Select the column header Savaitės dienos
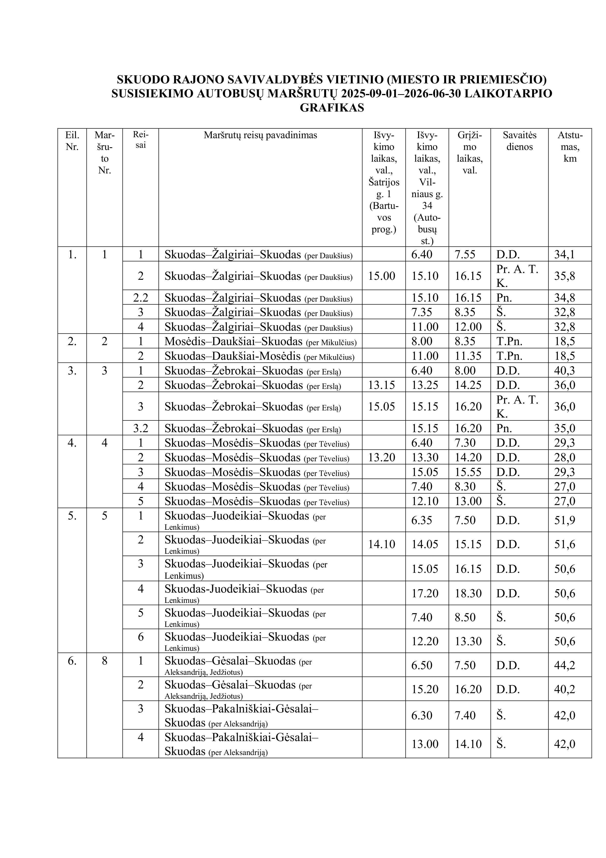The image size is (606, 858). [x=519, y=141]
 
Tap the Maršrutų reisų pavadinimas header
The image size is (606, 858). [x=260, y=135]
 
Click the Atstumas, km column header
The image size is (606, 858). [x=570, y=147]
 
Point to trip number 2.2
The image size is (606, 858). [x=141, y=298]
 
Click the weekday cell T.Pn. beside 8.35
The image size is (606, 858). [x=509, y=341]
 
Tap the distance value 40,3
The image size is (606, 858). [x=564, y=371]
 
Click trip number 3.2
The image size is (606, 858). [x=141, y=428]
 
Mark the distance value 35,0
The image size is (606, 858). [x=564, y=428]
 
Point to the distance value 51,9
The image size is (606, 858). [x=564, y=520]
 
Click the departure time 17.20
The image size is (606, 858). [x=425, y=593]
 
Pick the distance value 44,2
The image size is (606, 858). [x=564, y=665]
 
